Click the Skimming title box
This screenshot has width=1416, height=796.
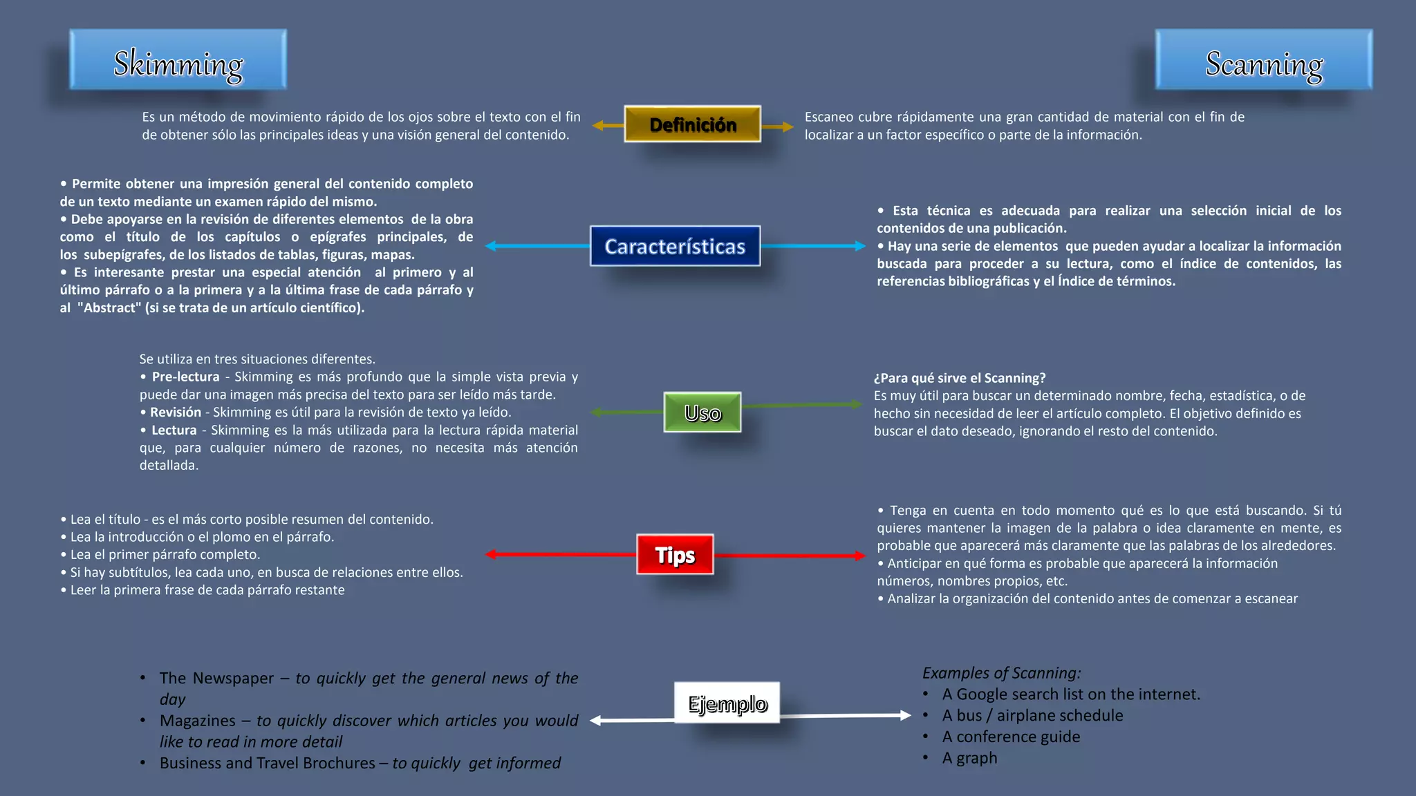tap(178, 60)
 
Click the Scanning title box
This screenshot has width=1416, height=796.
tap(1263, 60)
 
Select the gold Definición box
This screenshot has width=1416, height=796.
tap(692, 124)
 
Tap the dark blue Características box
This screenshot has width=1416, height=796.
tap(675, 246)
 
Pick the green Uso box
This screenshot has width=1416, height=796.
tap(702, 413)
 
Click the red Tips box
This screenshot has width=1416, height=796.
tap(675, 554)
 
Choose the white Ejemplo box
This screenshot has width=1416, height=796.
tap(727, 703)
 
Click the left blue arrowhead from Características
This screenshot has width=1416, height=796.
tap(491, 246)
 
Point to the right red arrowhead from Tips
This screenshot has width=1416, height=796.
tap(859, 556)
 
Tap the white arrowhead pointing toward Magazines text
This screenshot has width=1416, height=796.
tap(595, 721)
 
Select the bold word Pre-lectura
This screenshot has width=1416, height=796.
tap(185, 377)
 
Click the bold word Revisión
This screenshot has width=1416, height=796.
tap(176, 412)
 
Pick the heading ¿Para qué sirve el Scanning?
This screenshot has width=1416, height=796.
tap(959, 378)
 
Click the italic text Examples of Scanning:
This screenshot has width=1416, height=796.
tap(1000, 672)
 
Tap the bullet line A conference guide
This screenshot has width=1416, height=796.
tap(1010, 737)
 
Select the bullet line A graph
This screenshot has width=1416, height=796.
tap(969, 758)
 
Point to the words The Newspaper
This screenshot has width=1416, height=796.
tap(216, 678)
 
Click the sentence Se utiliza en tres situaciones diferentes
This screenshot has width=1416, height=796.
tap(257, 359)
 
